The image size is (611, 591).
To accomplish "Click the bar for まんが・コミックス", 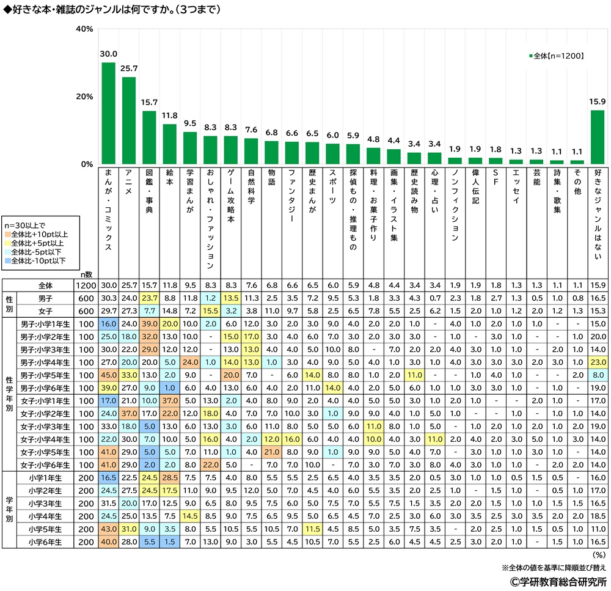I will [x=108, y=113].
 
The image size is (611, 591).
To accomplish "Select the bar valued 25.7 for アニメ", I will [x=129, y=120].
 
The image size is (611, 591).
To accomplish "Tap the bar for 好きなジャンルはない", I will [x=596, y=138].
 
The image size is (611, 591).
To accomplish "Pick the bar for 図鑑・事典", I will [x=149, y=138].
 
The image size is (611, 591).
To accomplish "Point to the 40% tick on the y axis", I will [x=84, y=29].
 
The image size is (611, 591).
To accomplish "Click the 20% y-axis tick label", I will [x=84, y=97].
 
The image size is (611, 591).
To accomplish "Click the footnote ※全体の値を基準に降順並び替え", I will [x=554, y=567].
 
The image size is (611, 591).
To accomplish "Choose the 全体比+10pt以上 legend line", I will [x=40, y=234].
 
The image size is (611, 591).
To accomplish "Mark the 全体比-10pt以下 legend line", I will [x=40, y=260].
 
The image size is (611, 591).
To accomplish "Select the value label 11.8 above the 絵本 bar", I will [x=169, y=117].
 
